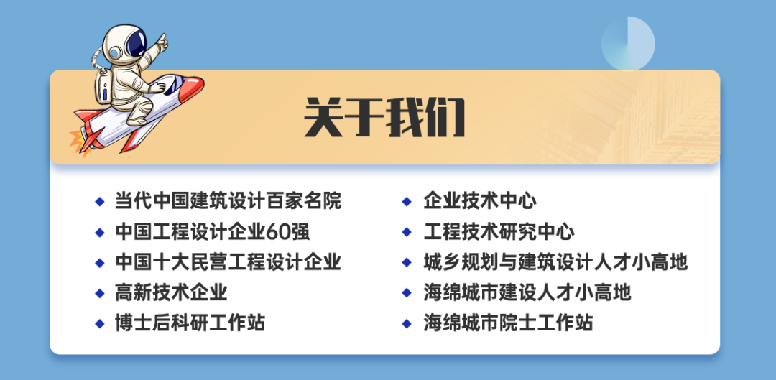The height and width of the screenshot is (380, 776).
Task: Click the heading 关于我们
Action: pyautogui.click(x=384, y=117)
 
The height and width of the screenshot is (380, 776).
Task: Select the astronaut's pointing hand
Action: pyautogui.click(x=161, y=42)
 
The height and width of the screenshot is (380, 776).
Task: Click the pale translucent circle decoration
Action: pyautogui.click(x=628, y=44)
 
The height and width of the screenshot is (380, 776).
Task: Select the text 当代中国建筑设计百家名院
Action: pyautogui.click(x=228, y=201)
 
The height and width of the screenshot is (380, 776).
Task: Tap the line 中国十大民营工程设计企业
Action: pyautogui.click(x=228, y=262)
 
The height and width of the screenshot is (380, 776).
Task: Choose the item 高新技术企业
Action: pyautogui.click(x=171, y=292)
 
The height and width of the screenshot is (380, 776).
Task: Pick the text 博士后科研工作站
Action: pyautogui.click(x=190, y=323)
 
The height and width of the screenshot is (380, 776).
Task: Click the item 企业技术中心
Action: pyautogui.click(x=479, y=201)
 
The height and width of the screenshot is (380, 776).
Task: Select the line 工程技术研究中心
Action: pyautogui.click(x=499, y=231)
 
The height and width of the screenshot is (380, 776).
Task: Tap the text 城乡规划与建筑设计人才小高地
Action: pyautogui.click(x=555, y=262)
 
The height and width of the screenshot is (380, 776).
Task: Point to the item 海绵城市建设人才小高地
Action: pyautogui.click(x=527, y=292)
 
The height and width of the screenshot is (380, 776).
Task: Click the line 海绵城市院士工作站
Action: pyautogui.click(x=508, y=323)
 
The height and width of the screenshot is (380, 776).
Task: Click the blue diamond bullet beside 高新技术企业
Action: pyautogui.click(x=100, y=293)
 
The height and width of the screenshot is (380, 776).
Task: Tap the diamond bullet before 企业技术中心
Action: pyautogui.click(x=407, y=201)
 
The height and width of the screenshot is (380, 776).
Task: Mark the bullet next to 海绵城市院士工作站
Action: pyautogui.click(x=407, y=324)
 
